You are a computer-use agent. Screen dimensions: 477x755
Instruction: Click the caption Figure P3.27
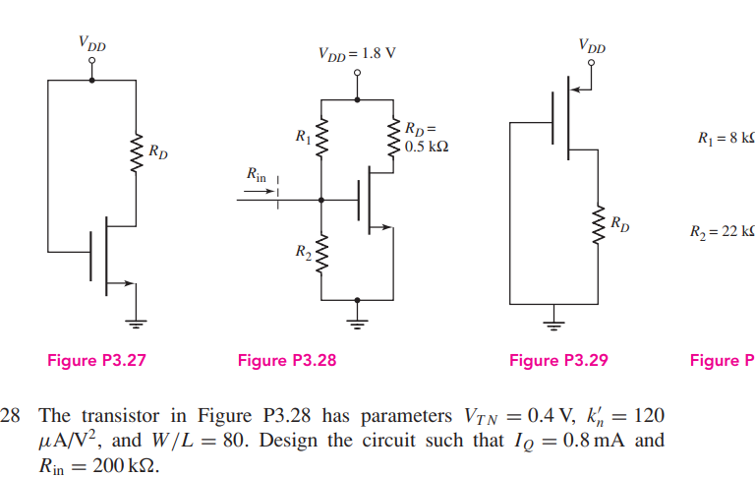click(x=96, y=361)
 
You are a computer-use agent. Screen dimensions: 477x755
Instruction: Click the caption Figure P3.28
click(x=287, y=361)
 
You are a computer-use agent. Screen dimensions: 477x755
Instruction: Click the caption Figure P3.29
click(x=558, y=361)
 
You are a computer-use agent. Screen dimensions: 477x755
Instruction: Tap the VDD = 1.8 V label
click(x=356, y=53)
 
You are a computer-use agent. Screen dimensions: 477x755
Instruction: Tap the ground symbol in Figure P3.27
click(x=138, y=322)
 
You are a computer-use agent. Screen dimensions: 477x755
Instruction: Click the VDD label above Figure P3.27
click(x=92, y=43)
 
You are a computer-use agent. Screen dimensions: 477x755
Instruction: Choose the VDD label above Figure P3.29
click(x=592, y=45)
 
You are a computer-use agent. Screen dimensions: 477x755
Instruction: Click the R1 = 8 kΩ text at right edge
click(x=725, y=137)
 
